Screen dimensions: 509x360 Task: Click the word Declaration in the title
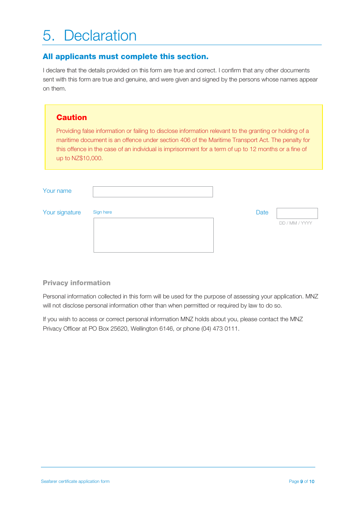point(100,36)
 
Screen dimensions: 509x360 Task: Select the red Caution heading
point(72,117)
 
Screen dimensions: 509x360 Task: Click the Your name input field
point(153,192)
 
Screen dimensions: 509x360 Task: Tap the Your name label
point(57,191)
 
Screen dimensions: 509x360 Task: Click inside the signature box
point(153,235)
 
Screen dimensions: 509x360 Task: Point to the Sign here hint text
point(102,212)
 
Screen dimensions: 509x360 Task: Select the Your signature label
point(62,212)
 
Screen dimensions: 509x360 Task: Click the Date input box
point(297,213)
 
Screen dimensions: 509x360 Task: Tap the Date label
point(262,212)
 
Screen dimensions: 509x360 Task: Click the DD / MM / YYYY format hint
point(296,223)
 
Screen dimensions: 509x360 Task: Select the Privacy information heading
point(77,283)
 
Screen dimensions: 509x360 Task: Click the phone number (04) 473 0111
point(220,329)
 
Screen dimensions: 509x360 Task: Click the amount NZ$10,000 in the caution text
point(86,158)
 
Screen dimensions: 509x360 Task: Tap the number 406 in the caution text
point(185,140)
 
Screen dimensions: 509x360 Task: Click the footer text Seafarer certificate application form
point(75,481)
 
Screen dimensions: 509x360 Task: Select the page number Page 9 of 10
point(302,481)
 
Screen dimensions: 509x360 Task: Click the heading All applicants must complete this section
point(125,56)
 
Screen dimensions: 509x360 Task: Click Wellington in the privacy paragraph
point(144,329)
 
